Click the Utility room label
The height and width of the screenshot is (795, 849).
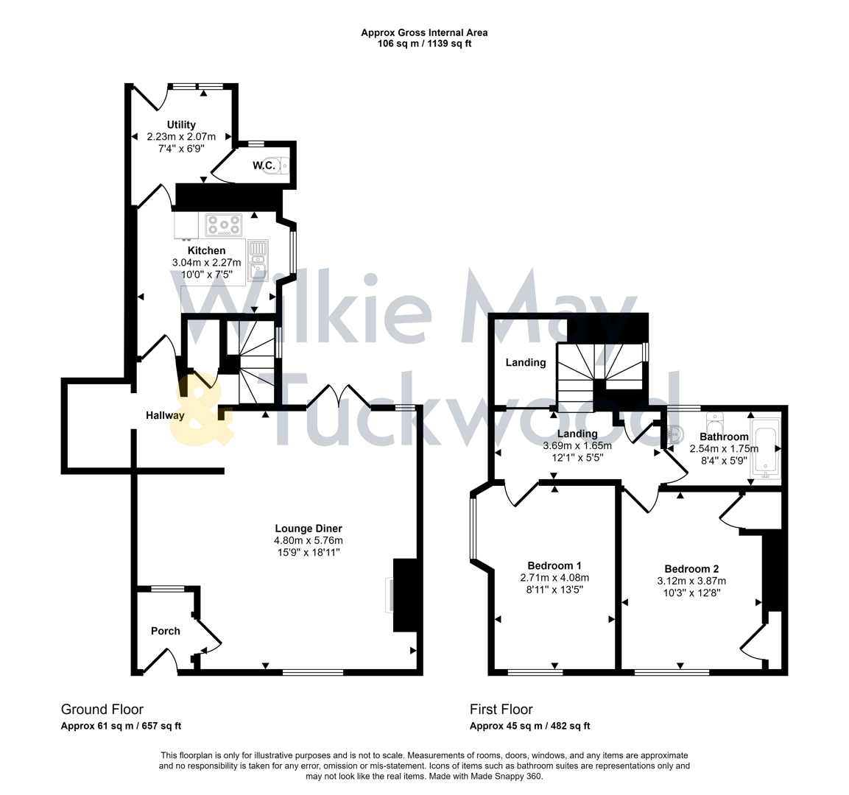pos(181,125)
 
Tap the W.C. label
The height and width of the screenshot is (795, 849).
pos(264,166)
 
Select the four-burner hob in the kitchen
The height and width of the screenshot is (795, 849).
pos(224,225)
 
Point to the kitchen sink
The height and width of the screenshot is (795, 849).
pos(257,262)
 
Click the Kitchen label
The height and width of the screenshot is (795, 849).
pos(206,251)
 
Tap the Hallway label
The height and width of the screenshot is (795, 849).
pos(165,415)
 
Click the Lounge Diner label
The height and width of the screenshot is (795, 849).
pos(309,529)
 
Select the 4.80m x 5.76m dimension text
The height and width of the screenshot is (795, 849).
pos(309,540)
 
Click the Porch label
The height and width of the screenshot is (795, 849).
pos(166,631)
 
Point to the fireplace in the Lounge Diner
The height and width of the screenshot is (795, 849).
pos(406,595)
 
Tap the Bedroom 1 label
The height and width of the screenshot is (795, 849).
pos(554,566)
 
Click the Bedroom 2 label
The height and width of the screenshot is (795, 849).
pos(691,568)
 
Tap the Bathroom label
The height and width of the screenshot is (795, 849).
pos(724,437)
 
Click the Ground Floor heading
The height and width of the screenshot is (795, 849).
pos(102,710)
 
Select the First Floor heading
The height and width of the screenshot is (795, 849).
pos(501,710)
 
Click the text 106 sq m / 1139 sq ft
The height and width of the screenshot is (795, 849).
pos(424,43)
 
